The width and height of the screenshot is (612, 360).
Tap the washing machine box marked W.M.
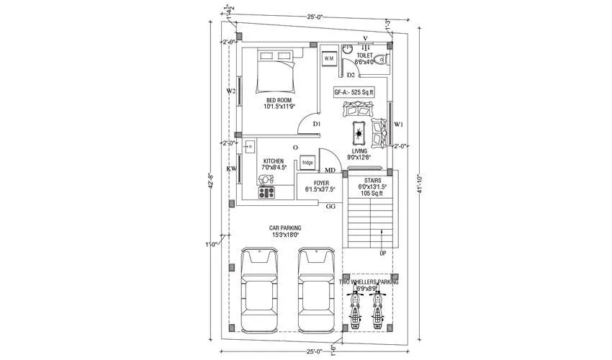click(329, 58)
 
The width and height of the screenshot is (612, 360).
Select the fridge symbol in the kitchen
click(307, 163)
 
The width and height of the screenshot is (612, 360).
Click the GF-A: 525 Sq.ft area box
click(355, 92)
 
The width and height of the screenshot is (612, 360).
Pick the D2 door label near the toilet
click(351, 75)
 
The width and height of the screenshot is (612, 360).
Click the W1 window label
click(398, 125)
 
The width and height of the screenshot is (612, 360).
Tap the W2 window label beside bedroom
click(231, 91)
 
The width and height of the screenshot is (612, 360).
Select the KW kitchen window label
click(231, 168)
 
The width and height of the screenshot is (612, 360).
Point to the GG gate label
click(331, 207)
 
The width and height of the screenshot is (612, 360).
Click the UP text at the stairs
click(382, 253)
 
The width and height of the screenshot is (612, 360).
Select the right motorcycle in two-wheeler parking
click(379, 308)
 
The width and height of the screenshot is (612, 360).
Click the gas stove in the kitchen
click(267, 192)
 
